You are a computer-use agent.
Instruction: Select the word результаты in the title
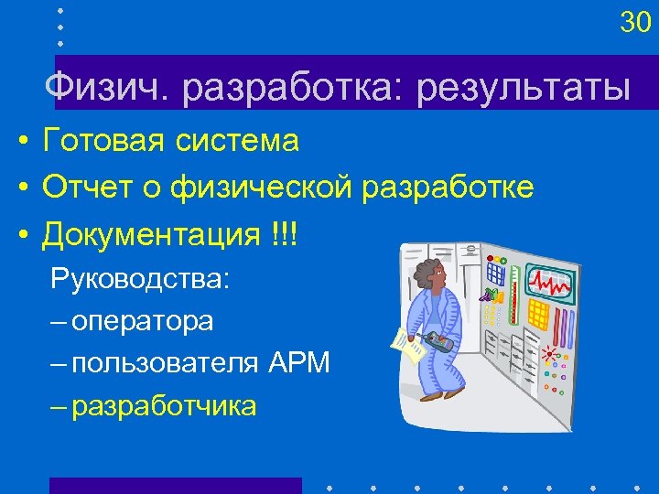(524, 89)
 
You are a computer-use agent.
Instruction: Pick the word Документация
(151, 235)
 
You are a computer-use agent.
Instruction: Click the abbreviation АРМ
(299, 363)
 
